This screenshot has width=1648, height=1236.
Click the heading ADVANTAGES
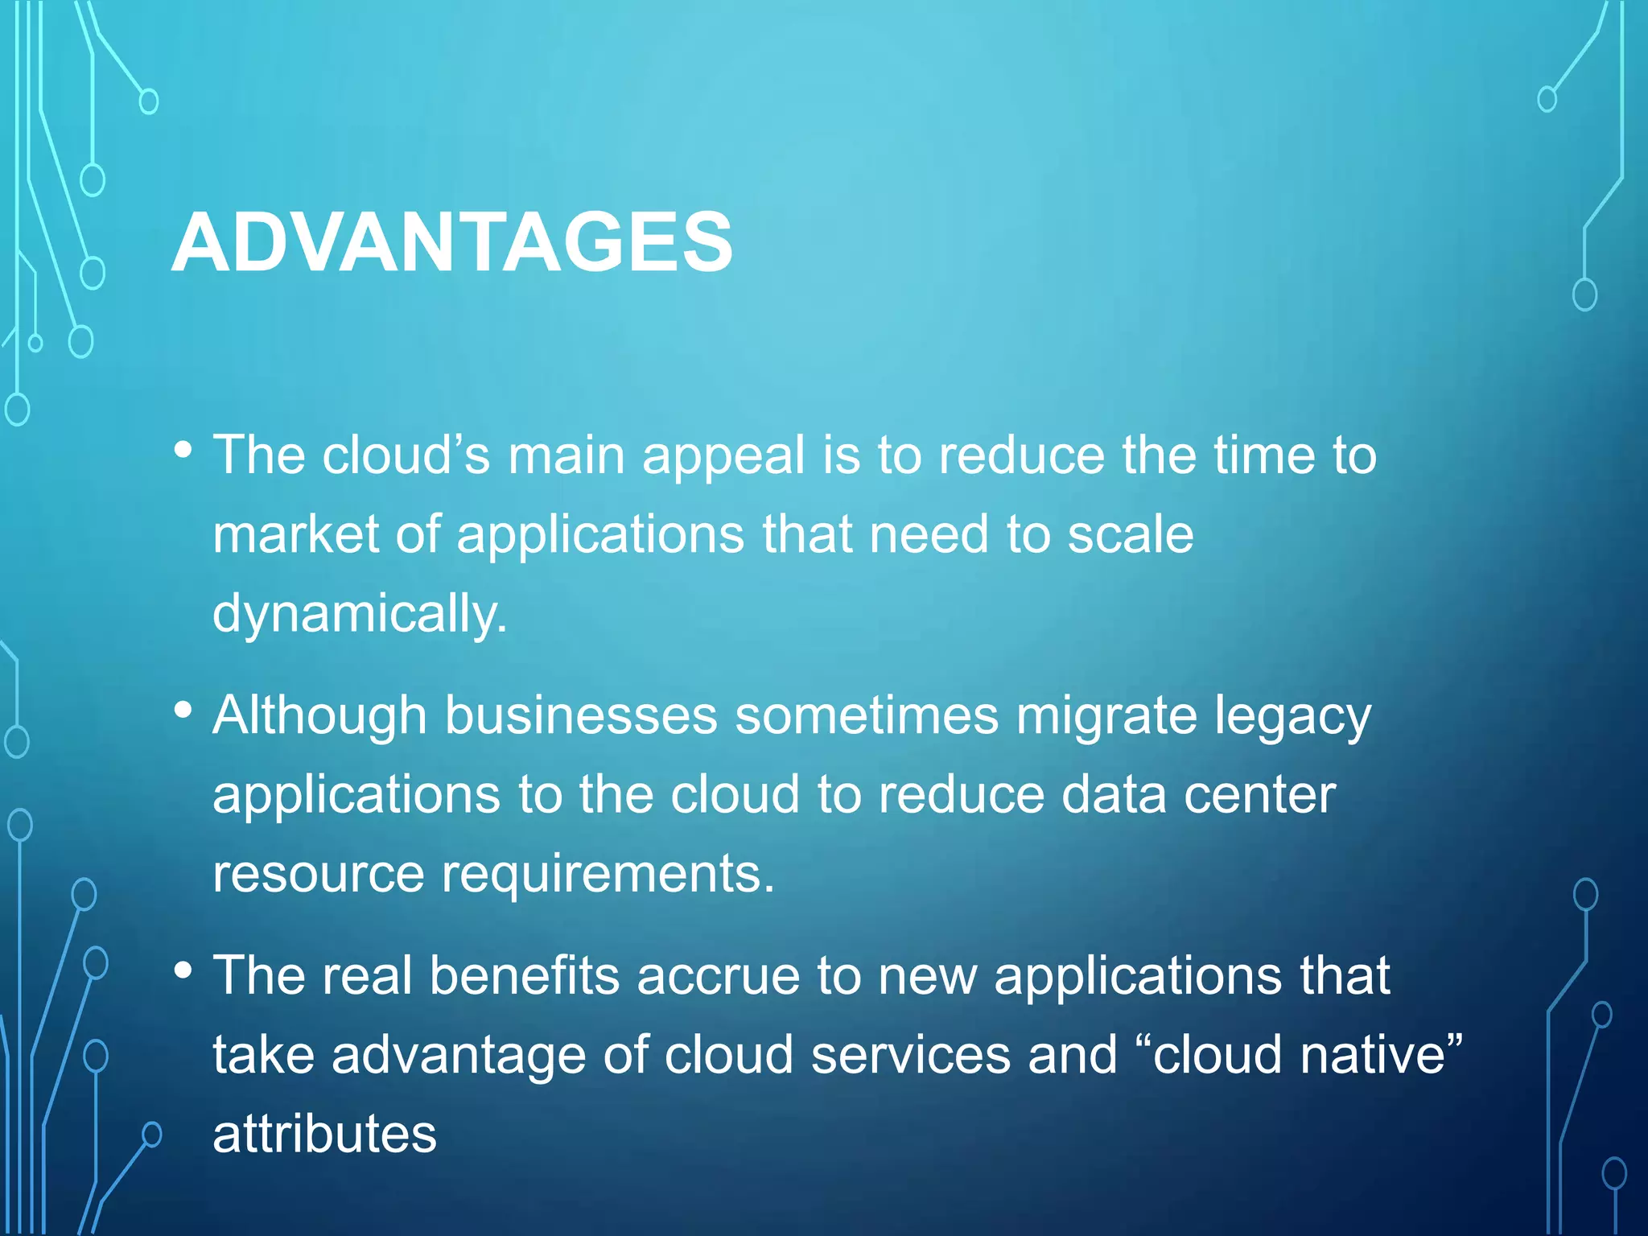[x=452, y=243]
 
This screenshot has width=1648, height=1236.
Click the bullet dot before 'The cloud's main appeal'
[x=183, y=449]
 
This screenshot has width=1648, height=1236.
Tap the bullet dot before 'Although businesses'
[x=183, y=710]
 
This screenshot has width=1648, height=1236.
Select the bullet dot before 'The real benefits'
[x=183, y=970]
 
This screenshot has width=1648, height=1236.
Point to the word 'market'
[x=295, y=535]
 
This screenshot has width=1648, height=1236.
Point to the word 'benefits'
[x=525, y=976]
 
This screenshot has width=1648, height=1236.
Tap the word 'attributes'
[x=324, y=1135]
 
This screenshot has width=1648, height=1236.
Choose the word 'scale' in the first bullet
[x=1130, y=535]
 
